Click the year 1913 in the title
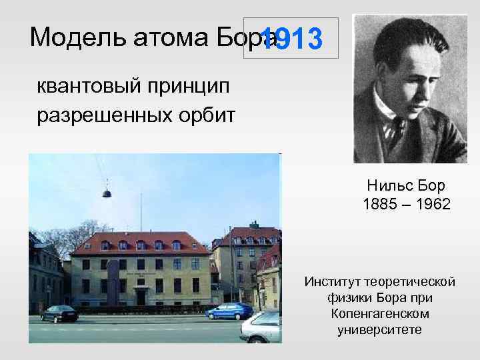click(x=291, y=40)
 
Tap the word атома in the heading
click(x=151, y=38)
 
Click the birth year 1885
click(x=379, y=203)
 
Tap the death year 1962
click(x=433, y=203)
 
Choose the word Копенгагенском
click(x=379, y=313)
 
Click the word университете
click(x=379, y=329)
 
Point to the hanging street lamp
click(x=106, y=193)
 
